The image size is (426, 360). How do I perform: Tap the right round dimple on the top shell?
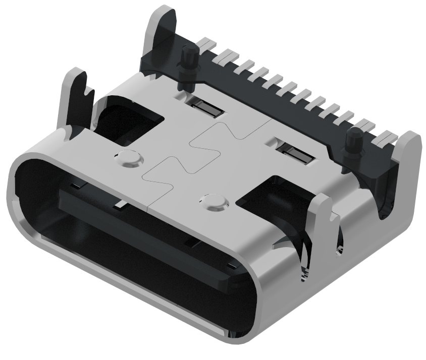pyautogui.click(x=215, y=201)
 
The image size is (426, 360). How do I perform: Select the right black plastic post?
pyautogui.click(x=355, y=144)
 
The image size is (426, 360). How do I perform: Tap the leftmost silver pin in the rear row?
pyautogui.click(x=206, y=43)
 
